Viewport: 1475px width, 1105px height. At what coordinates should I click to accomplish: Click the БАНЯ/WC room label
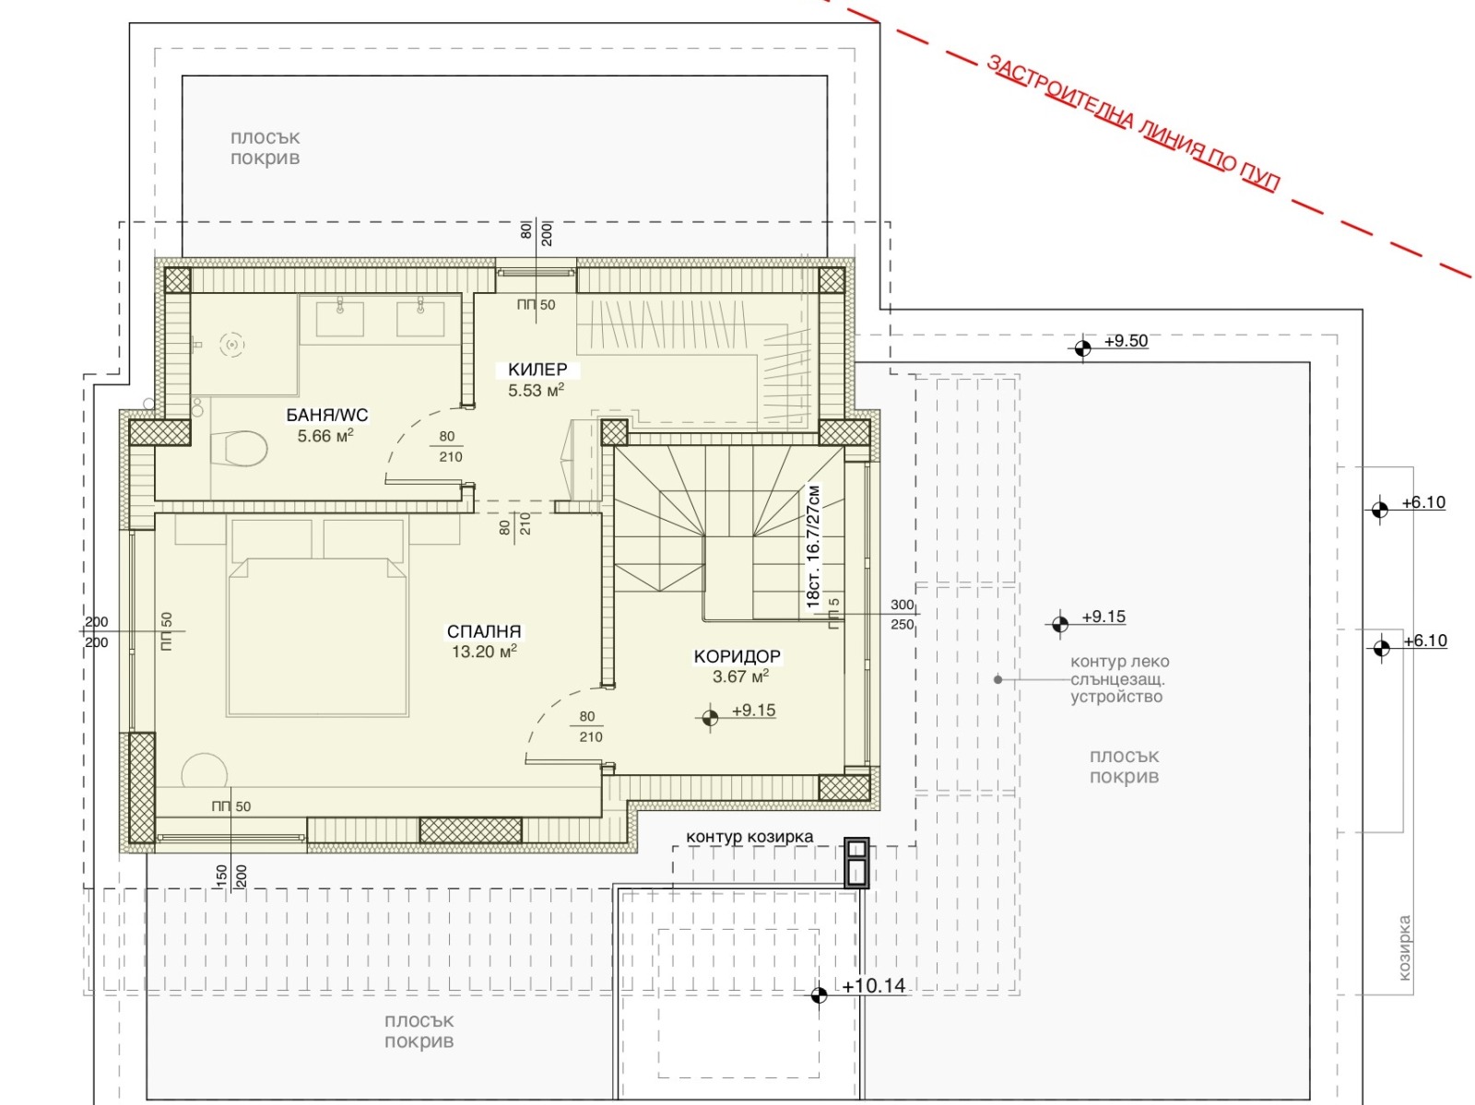coord(326,415)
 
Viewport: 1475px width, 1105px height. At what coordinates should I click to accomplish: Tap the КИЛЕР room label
coord(537,369)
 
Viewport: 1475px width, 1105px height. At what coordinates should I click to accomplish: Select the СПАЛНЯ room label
coord(484,631)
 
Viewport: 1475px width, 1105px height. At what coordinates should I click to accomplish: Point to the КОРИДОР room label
coord(737,656)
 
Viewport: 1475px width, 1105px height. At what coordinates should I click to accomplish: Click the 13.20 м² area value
coord(484,652)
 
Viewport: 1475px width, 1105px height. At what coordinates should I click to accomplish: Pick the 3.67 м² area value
coord(740,676)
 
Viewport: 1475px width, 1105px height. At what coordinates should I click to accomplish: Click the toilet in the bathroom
coord(239,448)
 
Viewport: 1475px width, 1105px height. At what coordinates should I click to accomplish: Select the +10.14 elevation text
coord(874,986)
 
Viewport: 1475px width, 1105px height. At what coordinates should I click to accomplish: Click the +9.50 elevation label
coord(1126,341)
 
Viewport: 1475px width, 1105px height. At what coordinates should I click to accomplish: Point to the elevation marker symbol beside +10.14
coord(819,994)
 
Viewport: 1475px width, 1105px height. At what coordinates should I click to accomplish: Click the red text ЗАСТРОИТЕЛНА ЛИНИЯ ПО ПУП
coord(1133,124)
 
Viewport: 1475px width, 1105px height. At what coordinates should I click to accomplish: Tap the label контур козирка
coord(749,837)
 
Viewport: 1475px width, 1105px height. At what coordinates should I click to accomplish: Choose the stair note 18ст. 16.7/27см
coord(813,547)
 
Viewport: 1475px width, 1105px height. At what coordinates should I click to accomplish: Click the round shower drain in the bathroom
coord(231,345)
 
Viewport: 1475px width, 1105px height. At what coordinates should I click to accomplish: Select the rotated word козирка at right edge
coord(1404,947)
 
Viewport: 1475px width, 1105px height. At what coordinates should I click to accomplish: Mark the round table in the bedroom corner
coord(205,770)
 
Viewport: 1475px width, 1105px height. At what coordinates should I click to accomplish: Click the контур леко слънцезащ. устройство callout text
coord(1119,679)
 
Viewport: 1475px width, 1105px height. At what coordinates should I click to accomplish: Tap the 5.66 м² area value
coord(325,436)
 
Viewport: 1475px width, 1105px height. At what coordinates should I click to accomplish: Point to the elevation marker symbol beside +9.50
coord(1082,348)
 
